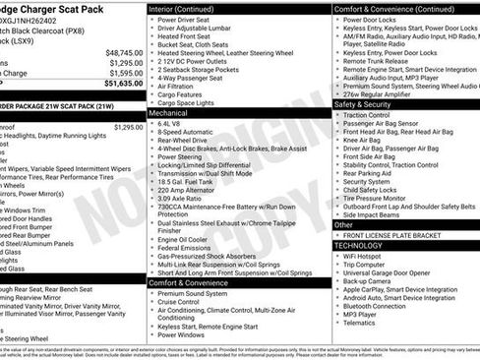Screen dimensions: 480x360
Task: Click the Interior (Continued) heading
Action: [x=190, y=8]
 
